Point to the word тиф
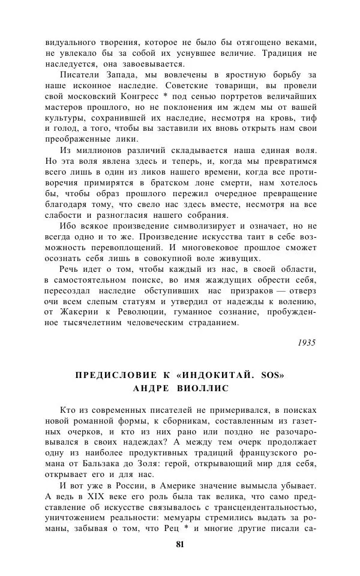click(308, 121)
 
